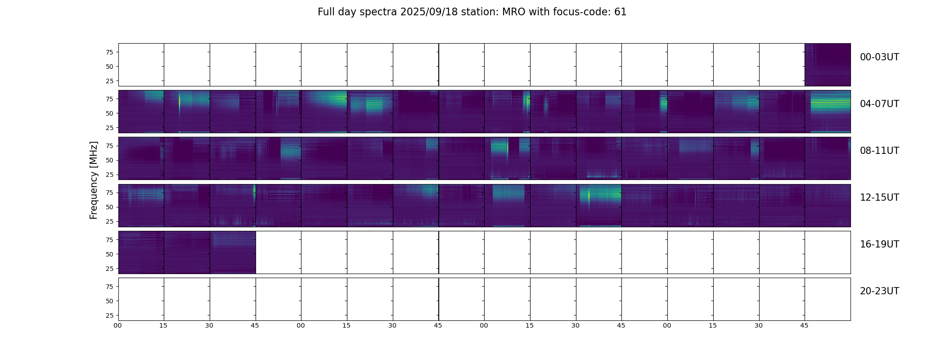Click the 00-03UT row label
click(879, 57)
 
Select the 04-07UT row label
click(879, 104)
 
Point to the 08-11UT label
click(879, 151)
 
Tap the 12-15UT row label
click(879, 198)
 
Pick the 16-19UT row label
click(879, 244)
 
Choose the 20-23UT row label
click(879, 291)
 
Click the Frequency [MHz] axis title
click(94, 180)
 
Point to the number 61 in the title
click(620, 12)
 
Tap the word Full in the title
click(326, 12)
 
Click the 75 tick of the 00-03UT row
click(109, 52)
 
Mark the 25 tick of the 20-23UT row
click(109, 315)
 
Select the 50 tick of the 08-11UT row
click(109, 160)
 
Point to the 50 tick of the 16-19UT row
click(109, 254)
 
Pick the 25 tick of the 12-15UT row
click(109, 221)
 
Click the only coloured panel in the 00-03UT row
click(828, 65)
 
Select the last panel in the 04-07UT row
click(828, 112)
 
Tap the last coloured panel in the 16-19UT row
click(233, 252)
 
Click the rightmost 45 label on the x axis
click(804, 325)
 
